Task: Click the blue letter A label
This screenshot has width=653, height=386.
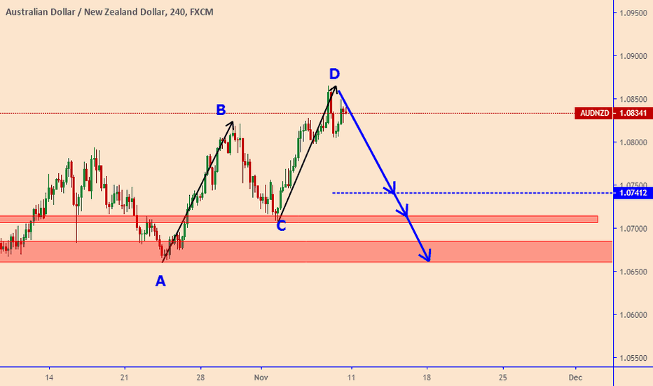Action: click(160, 281)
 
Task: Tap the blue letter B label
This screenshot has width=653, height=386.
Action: click(221, 109)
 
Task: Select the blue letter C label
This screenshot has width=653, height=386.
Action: click(281, 226)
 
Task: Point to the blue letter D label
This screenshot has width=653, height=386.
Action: click(335, 74)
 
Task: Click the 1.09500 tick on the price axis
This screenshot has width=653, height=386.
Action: click(633, 13)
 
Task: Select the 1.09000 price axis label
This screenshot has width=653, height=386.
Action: click(633, 56)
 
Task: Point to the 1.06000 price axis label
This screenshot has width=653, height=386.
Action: click(633, 314)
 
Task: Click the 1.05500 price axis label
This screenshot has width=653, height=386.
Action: click(633, 357)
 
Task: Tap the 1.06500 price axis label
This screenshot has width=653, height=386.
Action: click(633, 272)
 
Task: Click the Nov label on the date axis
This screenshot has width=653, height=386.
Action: click(261, 377)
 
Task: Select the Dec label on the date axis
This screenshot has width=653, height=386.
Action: click(575, 377)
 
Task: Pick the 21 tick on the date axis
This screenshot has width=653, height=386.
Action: click(124, 377)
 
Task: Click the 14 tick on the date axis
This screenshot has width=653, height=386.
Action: click(49, 377)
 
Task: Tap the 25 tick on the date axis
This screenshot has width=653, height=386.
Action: click(503, 377)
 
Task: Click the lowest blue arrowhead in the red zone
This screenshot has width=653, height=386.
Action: click(427, 258)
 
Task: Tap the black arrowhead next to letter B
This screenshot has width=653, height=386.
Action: click(232, 124)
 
